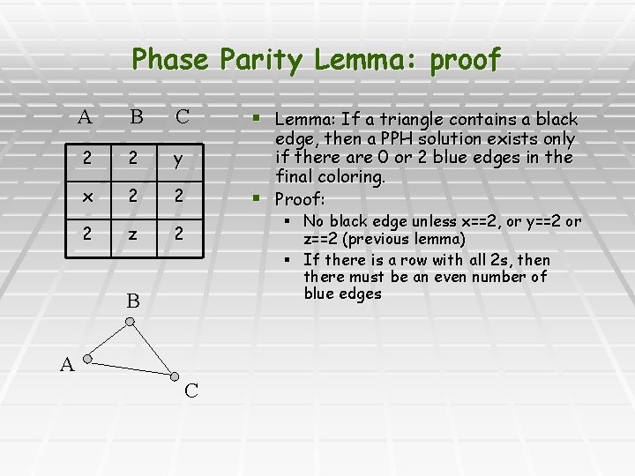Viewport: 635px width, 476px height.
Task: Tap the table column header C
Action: [182, 116]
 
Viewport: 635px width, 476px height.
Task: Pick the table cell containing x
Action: [85, 197]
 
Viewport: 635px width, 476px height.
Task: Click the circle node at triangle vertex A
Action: [86, 360]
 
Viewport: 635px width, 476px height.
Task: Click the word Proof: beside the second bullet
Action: [302, 197]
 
